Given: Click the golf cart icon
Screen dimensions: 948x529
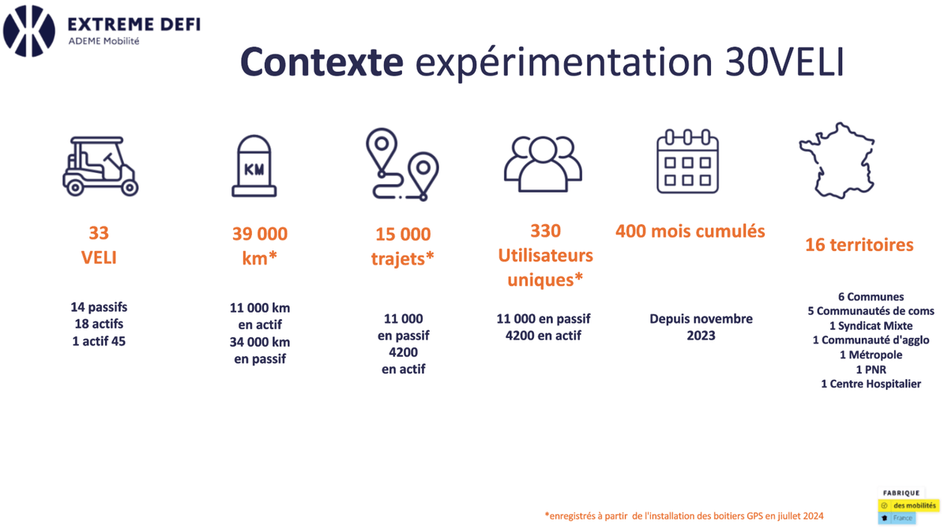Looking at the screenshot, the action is [x=101, y=166].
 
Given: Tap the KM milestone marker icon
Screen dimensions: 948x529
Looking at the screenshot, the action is [x=254, y=166].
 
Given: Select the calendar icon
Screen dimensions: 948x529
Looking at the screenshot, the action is [x=688, y=162].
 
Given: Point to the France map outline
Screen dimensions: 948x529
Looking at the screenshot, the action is [x=837, y=161].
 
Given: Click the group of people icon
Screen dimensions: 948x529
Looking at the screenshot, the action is [x=543, y=164].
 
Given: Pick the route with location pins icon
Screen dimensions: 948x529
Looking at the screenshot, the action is [x=402, y=164].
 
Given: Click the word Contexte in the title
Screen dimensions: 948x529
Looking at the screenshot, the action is [x=322, y=62].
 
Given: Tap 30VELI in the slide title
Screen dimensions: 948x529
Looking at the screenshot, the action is [x=785, y=62].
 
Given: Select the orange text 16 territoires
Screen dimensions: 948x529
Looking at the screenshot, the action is [x=860, y=245].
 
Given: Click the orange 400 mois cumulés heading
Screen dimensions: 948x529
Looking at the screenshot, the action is [x=690, y=231].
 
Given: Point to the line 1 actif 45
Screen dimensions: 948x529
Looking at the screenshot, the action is [x=99, y=341].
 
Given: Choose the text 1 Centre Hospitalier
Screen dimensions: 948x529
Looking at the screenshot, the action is [x=871, y=384].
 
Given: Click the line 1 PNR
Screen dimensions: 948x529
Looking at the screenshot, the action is [x=871, y=370].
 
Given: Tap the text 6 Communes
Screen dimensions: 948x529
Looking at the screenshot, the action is [x=871, y=297].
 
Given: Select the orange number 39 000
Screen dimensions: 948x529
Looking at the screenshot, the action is [x=260, y=234].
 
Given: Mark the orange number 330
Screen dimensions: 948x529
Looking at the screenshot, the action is [x=546, y=231].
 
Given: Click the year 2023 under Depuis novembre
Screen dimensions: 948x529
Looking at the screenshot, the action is [x=701, y=336].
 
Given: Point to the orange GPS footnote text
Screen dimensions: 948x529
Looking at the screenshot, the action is [x=684, y=516].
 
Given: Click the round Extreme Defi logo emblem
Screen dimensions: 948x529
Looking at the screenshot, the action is [x=29, y=31].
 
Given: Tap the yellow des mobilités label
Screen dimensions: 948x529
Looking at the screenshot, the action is [x=909, y=505].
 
